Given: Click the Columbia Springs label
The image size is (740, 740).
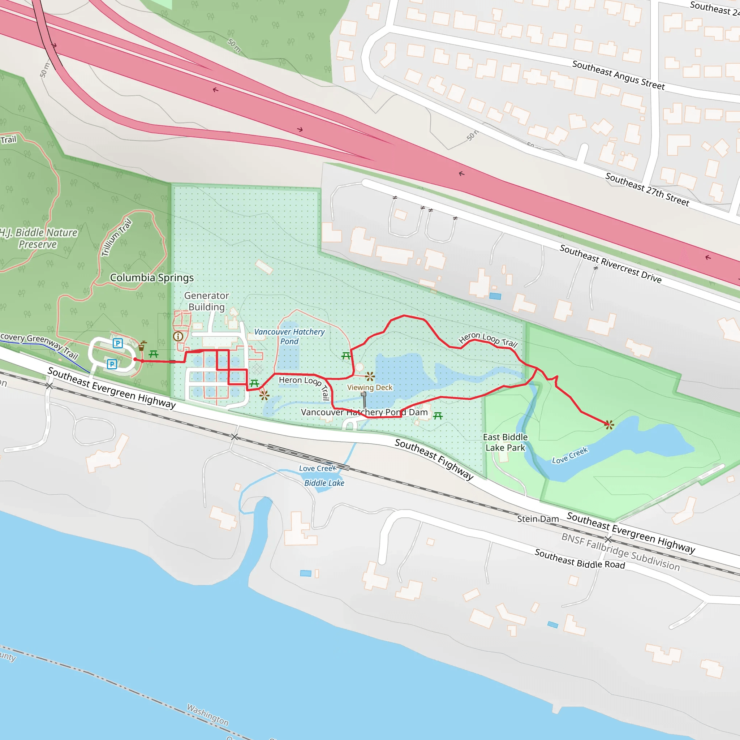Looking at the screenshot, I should (152, 278).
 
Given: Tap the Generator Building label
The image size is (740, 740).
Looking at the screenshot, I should (206, 301).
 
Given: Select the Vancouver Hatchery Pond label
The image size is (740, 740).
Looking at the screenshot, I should (289, 336).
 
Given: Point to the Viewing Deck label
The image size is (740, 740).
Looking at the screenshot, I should (370, 387).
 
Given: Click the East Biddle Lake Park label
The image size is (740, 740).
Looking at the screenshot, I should (505, 442).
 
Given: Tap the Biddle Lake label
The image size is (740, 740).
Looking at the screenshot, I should (324, 483).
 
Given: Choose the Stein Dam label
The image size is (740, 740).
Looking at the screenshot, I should (538, 519).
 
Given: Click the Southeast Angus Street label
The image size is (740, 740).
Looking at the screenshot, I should (618, 75).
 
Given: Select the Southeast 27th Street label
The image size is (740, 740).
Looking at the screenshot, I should (647, 189).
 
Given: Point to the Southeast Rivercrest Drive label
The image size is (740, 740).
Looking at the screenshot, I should (611, 264).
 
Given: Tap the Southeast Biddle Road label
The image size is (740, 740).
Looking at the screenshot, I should (580, 559).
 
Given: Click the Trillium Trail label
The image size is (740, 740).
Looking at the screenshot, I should (116, 237).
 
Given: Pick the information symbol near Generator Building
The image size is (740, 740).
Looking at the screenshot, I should (178, 336).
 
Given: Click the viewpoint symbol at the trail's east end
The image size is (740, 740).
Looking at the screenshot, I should (608, 425).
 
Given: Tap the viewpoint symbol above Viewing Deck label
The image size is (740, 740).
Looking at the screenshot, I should (370, 377).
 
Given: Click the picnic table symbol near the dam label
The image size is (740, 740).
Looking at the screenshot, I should (438, 416).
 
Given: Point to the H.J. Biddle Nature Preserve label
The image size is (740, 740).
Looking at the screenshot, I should (38, 238).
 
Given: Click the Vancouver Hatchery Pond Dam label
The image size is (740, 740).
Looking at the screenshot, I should (364, 412).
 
